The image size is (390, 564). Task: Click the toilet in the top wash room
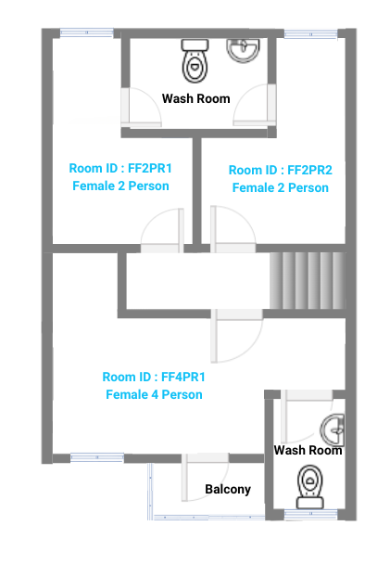[195, 61]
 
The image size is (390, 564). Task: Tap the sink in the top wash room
[243, 51]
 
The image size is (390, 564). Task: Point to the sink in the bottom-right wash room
[333, 429]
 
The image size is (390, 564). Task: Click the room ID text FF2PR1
[120, 168]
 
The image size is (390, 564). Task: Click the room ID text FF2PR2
[280, 170]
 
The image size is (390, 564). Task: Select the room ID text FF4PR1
[154, 377]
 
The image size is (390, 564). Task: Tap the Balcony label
[228, 489]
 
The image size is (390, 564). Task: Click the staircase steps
[308, 280]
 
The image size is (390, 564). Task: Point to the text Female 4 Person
[154, 394]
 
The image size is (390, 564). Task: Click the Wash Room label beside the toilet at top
[195, 98]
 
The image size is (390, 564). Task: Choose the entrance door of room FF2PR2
[233, 229]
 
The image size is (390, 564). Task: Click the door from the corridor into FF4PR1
[236, 336]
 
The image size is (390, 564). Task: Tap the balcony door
[205, 478]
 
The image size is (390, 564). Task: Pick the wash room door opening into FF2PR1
[141, 108]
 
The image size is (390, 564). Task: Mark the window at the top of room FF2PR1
[86, 32]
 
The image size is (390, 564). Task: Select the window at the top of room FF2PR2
[311, 34]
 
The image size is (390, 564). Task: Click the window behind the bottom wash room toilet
[310, 515]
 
